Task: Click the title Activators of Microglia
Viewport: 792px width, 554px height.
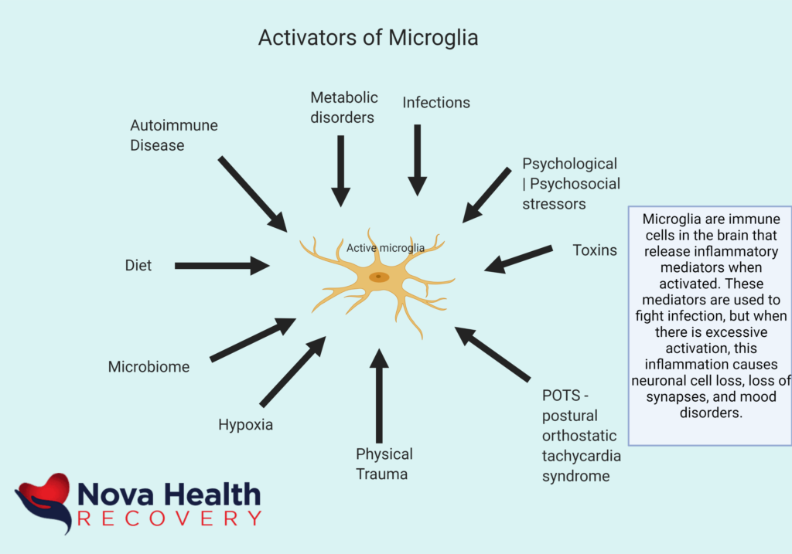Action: click(368, 38)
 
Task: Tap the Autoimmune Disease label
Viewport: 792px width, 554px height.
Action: click(174, 134)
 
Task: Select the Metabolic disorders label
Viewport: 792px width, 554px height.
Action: click(344, 107)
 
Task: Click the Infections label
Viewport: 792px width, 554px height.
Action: click(436, 102)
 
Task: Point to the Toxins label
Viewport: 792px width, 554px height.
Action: click(595, 250)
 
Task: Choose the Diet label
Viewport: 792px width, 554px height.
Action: click(138, 265)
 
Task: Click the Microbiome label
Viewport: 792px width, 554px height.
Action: click(148, 366)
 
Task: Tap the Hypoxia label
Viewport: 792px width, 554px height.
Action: click(245, 424)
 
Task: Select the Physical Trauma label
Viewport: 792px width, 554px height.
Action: click(384, 464)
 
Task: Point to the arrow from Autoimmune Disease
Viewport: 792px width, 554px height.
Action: click(252, 193)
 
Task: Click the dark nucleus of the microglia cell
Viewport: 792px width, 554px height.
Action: click(378, 277)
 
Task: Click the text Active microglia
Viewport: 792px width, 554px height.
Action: click(385, 248)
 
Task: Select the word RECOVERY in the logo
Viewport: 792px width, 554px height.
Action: click(169, 518)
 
